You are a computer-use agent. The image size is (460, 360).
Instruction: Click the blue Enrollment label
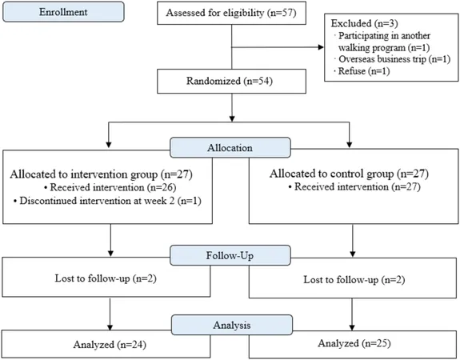(x=63, y=12)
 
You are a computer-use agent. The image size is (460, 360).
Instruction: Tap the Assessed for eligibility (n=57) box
(x=231, y=13)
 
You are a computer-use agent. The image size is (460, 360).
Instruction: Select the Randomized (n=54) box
(x=231, y=82)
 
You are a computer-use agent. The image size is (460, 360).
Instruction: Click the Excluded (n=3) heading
(x=364, y=23)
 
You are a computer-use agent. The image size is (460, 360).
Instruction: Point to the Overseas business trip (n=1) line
(x=392, y=59)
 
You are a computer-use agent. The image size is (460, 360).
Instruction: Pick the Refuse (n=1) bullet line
(x=362, y=71)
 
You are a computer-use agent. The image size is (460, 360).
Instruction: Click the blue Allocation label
(x=230, y=147)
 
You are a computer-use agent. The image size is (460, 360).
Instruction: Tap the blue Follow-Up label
(x=230, y=255)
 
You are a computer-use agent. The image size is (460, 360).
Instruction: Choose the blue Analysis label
(x=232, y=325)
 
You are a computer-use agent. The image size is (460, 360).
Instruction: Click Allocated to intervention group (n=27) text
(x=102, y=174)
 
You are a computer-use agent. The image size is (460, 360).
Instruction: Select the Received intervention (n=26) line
(x=110, y=187)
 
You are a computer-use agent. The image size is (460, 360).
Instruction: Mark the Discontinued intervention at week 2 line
(x=107, y=201)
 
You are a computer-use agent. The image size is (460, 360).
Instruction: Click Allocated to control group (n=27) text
(x=349, y=174)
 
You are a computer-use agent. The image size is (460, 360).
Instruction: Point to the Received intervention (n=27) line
(x=354, y=187)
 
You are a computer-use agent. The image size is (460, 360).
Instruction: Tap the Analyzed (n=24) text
(x=110, y=345)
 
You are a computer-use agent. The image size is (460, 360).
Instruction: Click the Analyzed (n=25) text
(x=354, y=343)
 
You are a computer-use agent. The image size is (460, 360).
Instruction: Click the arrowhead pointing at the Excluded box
(x=321, y=47)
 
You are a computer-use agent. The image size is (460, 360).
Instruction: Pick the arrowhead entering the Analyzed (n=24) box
(x=110, y=327)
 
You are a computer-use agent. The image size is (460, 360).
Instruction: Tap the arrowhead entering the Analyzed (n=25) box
(x=352, y=327)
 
